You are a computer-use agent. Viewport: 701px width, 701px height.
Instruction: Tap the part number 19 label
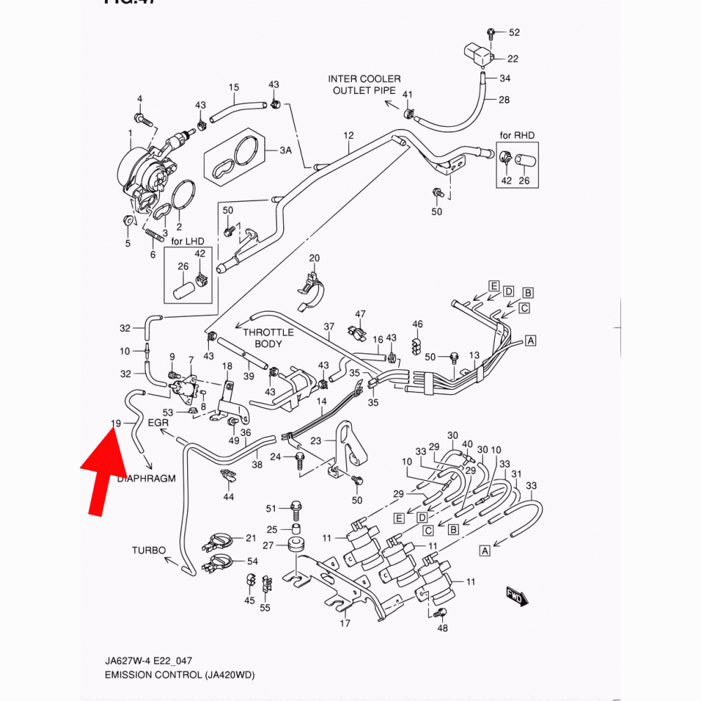coord(117,423)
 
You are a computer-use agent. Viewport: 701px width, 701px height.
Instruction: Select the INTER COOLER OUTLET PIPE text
coord(365,85)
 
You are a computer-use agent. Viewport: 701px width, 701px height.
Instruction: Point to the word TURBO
coord(149,550)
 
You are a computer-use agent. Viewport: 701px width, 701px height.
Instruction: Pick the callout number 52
coord(515,33)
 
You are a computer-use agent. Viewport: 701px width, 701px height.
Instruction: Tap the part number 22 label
coord(513,59)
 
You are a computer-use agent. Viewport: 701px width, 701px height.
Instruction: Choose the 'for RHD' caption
coord(516,135)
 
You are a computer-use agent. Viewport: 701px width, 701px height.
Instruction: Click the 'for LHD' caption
coord(187,241)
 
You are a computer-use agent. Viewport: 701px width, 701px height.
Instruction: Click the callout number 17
coord(345,623)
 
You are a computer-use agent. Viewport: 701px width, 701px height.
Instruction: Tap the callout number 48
coord(442,628)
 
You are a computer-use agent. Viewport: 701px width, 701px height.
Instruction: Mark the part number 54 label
coord(252,562)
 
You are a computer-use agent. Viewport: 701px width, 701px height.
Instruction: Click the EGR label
coord(158,423)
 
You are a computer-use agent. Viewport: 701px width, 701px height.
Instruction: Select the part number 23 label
coord(315,441)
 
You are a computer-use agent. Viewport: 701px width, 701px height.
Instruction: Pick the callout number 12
coord(348,135)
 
